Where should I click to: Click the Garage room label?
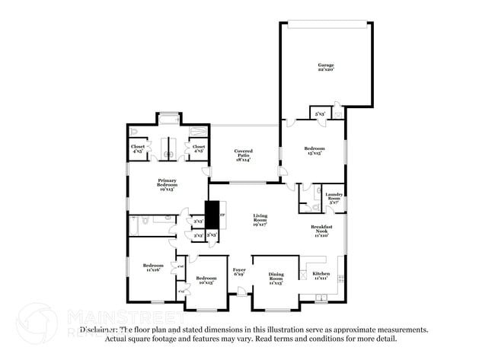tap(326, 67)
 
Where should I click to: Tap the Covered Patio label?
tap(244, 154)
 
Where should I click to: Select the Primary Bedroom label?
tap(168, 183)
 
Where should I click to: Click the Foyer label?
tap(239, 272)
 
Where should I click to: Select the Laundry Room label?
tap(334, 197)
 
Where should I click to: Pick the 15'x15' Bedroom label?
tap(315, 150)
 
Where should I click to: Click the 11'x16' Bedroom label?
tap(153, 267)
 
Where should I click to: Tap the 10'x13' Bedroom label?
tap(206, 281)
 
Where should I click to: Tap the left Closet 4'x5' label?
tap(139, 149)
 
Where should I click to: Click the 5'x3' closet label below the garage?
tap(321, 114)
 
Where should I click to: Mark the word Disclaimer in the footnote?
tap(100, 330)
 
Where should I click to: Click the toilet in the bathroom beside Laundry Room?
tap(305, 205)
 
